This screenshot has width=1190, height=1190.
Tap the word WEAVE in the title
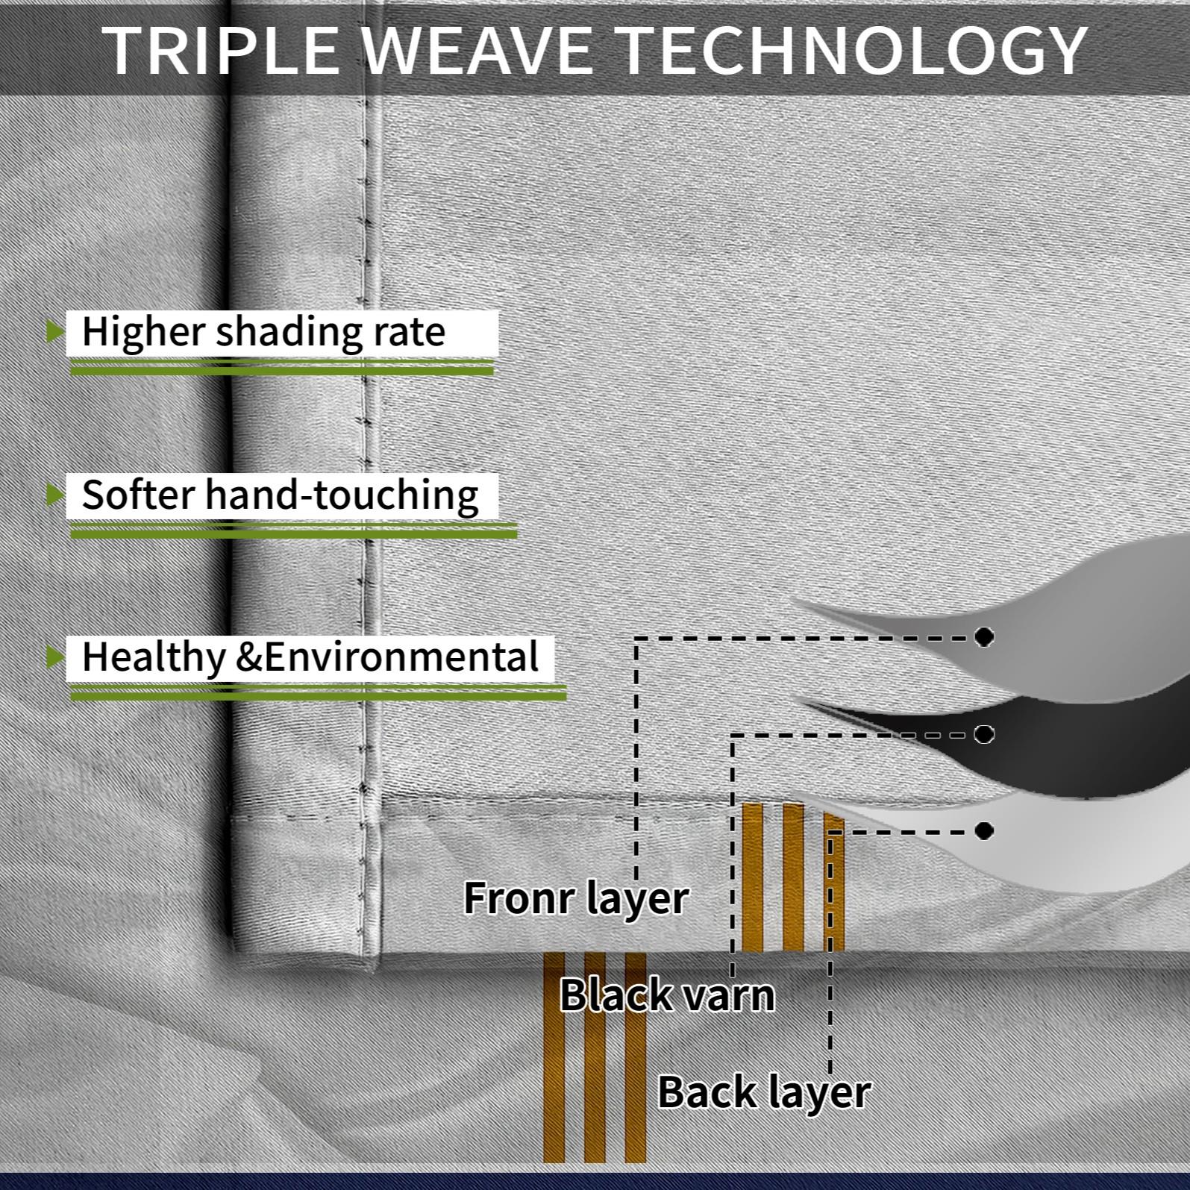click(481, 50)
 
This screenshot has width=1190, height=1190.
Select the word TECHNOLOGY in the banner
click(854, 50)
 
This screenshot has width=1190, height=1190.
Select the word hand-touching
click(342, 495)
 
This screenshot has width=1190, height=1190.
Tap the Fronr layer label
click(576, 898)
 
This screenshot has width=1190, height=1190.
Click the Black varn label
click(668, 995)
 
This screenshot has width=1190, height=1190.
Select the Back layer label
click(764, 1093)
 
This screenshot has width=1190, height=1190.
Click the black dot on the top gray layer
click(984, 636)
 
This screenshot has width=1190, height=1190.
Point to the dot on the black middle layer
click(984, 734)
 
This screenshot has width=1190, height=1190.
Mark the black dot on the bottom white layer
click(984, 830)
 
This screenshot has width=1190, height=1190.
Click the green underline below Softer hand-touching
click(293, 530)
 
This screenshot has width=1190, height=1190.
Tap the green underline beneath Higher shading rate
click(282, 366)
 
